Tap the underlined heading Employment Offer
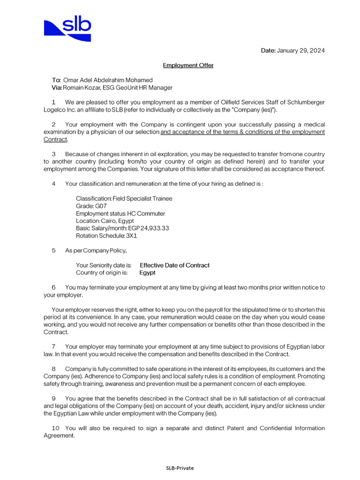pyautogui.click(x=188, y=65)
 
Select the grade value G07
pyautogui.click(x=101, y=206)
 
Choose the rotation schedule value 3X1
pyautogui.click(x=131, y=236)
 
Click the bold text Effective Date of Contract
pyautogui.click(x=174, y=265)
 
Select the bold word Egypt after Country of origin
pyautogui.click(x=147, y=273)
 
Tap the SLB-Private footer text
pyautogui.click(x=180, y=468)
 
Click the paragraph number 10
pyautogui.click(x=55, y=428)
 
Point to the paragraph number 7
pyautogui.click(x=53, y=346)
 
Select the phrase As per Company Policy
pyautogui.click(x=96, y=251)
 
